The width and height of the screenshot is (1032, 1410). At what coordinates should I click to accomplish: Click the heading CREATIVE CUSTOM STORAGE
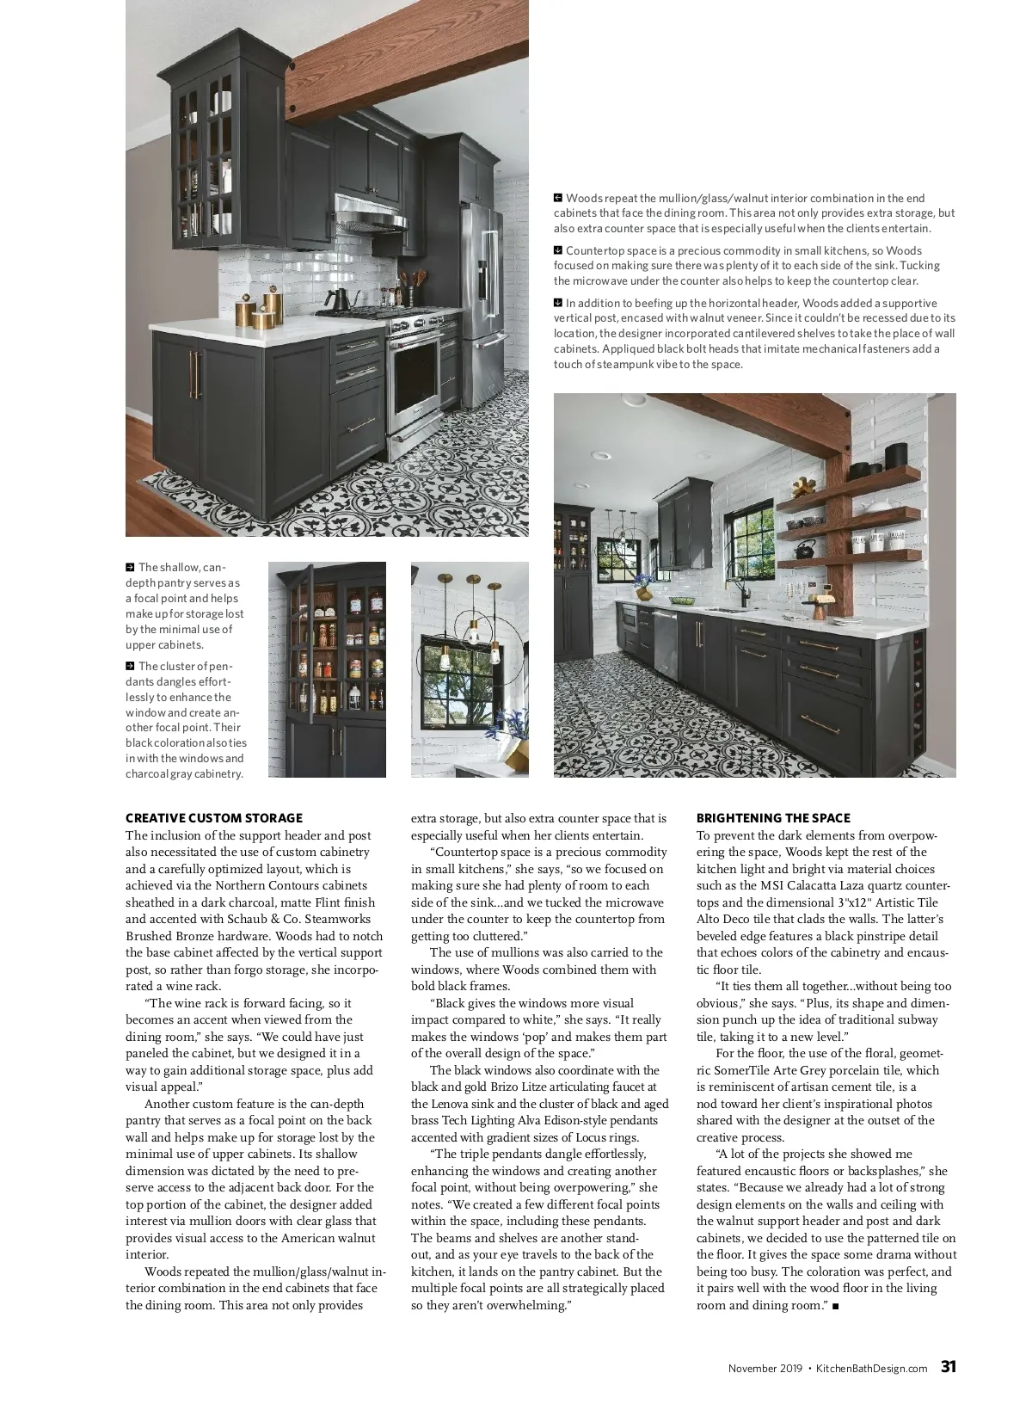tap(214, 818)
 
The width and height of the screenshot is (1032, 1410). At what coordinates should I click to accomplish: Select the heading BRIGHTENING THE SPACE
tap(773, 818)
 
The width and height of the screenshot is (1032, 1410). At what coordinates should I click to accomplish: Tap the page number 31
tap(949, 1367)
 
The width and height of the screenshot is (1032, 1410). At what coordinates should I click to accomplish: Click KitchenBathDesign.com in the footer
tap(871, 1369)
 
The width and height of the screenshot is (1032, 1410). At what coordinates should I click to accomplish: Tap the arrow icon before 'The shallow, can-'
tap(130, 568)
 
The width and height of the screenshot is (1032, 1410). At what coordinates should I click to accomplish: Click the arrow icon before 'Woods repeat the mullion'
tap(558, 199)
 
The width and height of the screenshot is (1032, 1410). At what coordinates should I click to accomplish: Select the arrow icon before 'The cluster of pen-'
tap(130, 666)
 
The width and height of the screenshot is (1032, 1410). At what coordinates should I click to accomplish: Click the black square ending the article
tap(836, 1307)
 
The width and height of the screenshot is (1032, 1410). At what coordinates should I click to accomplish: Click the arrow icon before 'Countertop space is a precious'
tap(558, 250)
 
